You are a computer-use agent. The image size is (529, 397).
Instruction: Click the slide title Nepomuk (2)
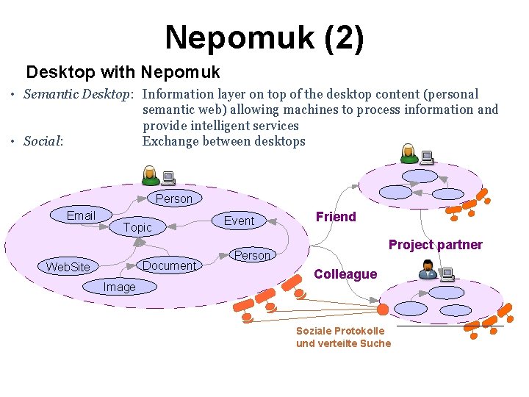tap(264, 37)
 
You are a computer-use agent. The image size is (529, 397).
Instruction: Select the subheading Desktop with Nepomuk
tap(123, 72)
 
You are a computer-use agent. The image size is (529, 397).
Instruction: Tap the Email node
tap(81, 215)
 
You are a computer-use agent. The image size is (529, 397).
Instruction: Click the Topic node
tap(137, 227)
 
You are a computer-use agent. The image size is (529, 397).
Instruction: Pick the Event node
tap(239, 221)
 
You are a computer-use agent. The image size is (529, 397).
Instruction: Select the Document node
tap(169, 265)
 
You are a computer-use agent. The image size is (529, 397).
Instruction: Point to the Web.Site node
tap(68, 267)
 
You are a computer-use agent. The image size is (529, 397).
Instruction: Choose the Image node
tap(119, 287)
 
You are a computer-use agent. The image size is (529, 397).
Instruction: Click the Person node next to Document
tap(252, 255)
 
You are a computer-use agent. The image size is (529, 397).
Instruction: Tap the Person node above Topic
tap(174, 198)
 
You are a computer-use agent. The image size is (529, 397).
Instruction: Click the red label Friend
tap(336, 217)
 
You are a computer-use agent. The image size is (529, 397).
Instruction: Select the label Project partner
tap(436, 245)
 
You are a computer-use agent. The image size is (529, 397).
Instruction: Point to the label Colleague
tap(345, 274)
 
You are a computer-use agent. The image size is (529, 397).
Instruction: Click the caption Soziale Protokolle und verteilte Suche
tap(343, 337)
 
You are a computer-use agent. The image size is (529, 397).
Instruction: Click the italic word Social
tap(43, 141)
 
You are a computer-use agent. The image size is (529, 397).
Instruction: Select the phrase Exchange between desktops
tap(223, 141)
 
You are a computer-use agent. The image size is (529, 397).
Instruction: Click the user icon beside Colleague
tap(428, 271)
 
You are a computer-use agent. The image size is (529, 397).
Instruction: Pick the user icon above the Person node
tap(151, 174)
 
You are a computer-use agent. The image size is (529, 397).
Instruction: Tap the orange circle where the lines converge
tap(382, 309)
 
